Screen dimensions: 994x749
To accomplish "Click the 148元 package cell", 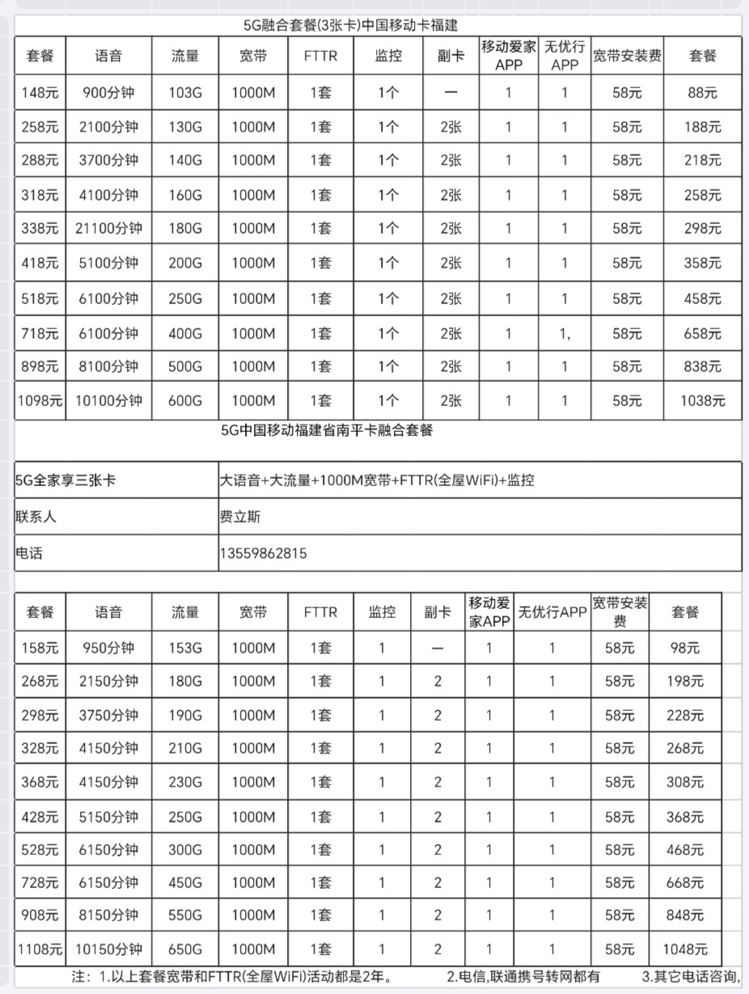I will click(x=40, y=93).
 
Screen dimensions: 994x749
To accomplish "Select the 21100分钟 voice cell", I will click(x=108, y=229).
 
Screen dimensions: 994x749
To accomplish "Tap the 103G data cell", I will click(x=185, y=93).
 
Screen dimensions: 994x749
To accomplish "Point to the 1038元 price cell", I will click(x=702, y=400).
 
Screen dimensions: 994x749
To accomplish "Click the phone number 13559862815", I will click(x=263, y=554).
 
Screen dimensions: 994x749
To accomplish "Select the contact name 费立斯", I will click(x=240, y=517).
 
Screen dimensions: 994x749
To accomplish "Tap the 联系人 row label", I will click(x=36, y=517).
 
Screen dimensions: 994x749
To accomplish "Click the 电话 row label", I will click(x=28, y=554).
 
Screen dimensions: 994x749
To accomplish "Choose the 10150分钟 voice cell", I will click(x=108, y=950).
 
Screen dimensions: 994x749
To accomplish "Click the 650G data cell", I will click(x=185, y=950).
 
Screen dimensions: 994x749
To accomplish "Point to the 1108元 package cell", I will click(x=40, y=950).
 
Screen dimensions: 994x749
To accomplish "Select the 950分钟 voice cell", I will click(x=108, y=648).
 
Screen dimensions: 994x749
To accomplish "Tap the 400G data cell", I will click(x=185, y=333).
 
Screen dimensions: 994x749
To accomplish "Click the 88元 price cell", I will click(x=702, y=93).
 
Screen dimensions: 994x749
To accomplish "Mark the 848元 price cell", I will click(x=684, y=916).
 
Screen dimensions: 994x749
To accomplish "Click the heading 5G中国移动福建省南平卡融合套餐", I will click(x=327, y=430).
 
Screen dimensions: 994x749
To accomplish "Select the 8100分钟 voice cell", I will click(x=108, y=366).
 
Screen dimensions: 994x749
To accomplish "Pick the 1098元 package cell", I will click(x=40, y=400).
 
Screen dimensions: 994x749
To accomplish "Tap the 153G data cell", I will click(x=185, y=648).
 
